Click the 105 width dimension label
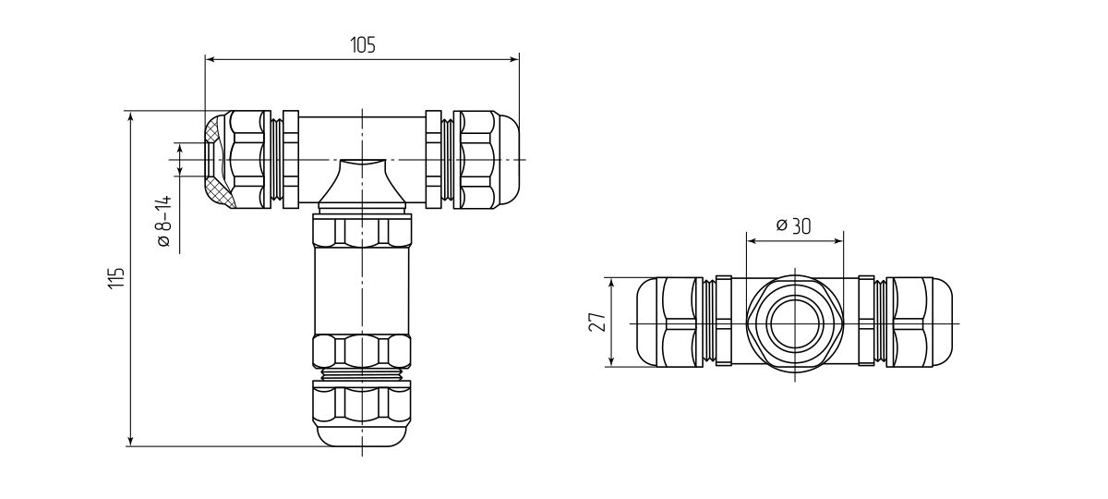[363, 45]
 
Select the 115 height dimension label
[115, 278]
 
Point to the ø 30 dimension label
[794, 226]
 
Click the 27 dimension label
[597, 323]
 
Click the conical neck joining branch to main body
[361, 185]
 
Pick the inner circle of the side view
[794, 323]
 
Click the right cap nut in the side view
[919, 323]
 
